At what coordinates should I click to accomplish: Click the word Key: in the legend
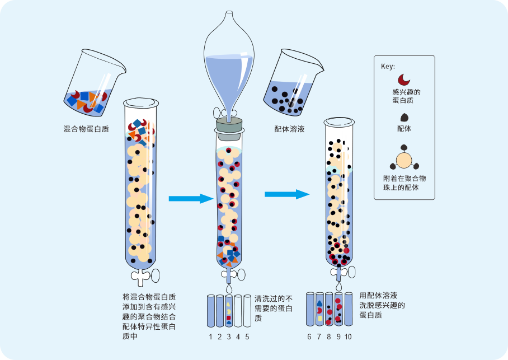[x=388, y=66]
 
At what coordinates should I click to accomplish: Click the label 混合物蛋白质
[x=86, y=129]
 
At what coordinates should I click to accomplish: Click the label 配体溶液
[x=289, y=129]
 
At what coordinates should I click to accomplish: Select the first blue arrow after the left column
[x=191, y=198]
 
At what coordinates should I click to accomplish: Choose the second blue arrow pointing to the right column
[x=286, y=194]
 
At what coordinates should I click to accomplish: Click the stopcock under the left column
[x=144, y=275]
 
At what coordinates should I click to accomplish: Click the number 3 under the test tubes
[x=229, y=337]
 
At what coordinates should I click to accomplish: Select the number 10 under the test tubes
[x=348, y=337]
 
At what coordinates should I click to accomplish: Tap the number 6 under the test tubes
[x=309, y=337]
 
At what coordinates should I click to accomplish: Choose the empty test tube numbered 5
[x=247, y=311]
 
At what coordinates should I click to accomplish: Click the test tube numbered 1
[x=211, y=311]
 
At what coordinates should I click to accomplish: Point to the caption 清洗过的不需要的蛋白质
[x=274, y=308]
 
